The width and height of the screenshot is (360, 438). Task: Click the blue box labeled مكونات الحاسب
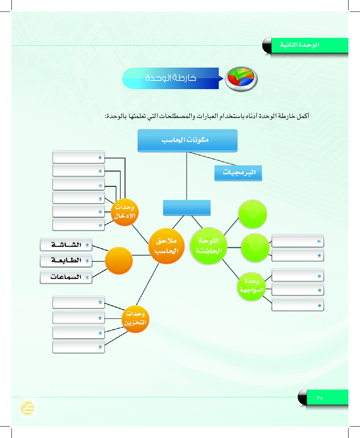pos(187,140)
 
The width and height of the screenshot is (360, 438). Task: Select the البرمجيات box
pos(238,173)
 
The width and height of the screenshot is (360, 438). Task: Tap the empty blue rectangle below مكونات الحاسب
pos(187,208)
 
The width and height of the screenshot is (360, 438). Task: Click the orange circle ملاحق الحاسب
pos(166,246)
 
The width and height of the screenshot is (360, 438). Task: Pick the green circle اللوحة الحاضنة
pos(209,246)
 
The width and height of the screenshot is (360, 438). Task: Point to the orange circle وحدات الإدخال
pos(125,212)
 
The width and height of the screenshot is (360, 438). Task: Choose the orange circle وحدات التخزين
pos(135,319)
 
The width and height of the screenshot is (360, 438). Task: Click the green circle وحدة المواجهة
pos(252,286)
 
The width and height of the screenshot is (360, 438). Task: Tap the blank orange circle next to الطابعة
pos(119,260)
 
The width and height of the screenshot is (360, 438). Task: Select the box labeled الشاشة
pos(66,245)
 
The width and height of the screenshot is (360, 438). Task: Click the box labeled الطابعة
pos(66,261)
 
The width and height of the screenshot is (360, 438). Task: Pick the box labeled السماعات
pos(66,277)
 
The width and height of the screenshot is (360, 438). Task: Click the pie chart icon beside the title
pos(241,79)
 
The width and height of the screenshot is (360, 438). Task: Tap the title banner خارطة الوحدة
pos(171,79)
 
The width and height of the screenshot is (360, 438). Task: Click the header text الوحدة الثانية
pos(299,45)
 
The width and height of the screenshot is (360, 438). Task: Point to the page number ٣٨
pos(320,398)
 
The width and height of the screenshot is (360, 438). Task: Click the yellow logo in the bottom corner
pos(28,408)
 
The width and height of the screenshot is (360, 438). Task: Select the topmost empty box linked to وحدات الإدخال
pos(79,157)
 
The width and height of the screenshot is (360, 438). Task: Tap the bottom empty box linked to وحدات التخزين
pos(79,347)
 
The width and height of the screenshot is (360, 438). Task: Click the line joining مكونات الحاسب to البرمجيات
pos(212,159)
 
